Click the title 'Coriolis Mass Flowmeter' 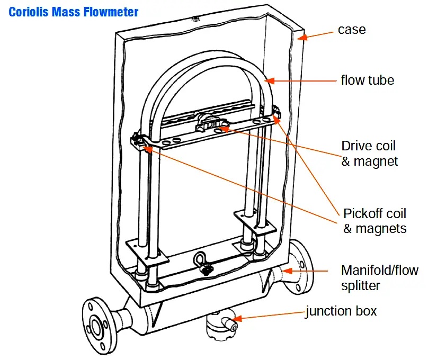click(x=74, y=11)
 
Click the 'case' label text click(x=352, y=29)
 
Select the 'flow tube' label click(x=367, y=80)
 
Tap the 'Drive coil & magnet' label click(x=369, y=153)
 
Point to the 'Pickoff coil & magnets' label click(x=374, y=221)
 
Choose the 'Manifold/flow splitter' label click(x=379, y=278)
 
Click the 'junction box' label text click(x=341, y=311)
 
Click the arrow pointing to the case click(x=315, y=34)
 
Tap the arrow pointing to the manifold click(x=307, y=272)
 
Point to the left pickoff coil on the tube click(x=139, y=142)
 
